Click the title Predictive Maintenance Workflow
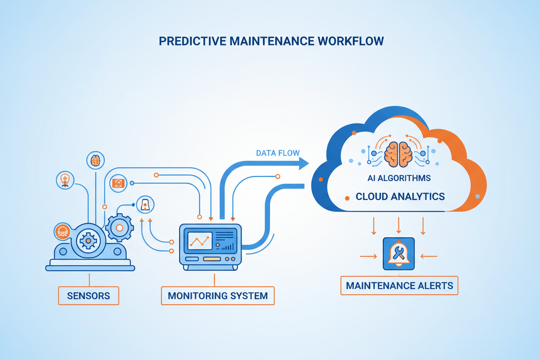(x=270, y=41)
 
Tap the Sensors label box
(x=89, y=296)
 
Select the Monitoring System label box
(x=217, y=296)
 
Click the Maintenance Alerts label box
(x=399, y=285)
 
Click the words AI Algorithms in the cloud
(x=400, y=178)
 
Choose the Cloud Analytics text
(x=400, y=196)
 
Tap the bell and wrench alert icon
(x=399, y=254)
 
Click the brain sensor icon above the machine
(x=95, y=160)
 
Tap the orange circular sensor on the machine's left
(x=62, y=231)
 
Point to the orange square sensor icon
(x=118, y=183)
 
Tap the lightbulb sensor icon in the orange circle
(x=65, y=180)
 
